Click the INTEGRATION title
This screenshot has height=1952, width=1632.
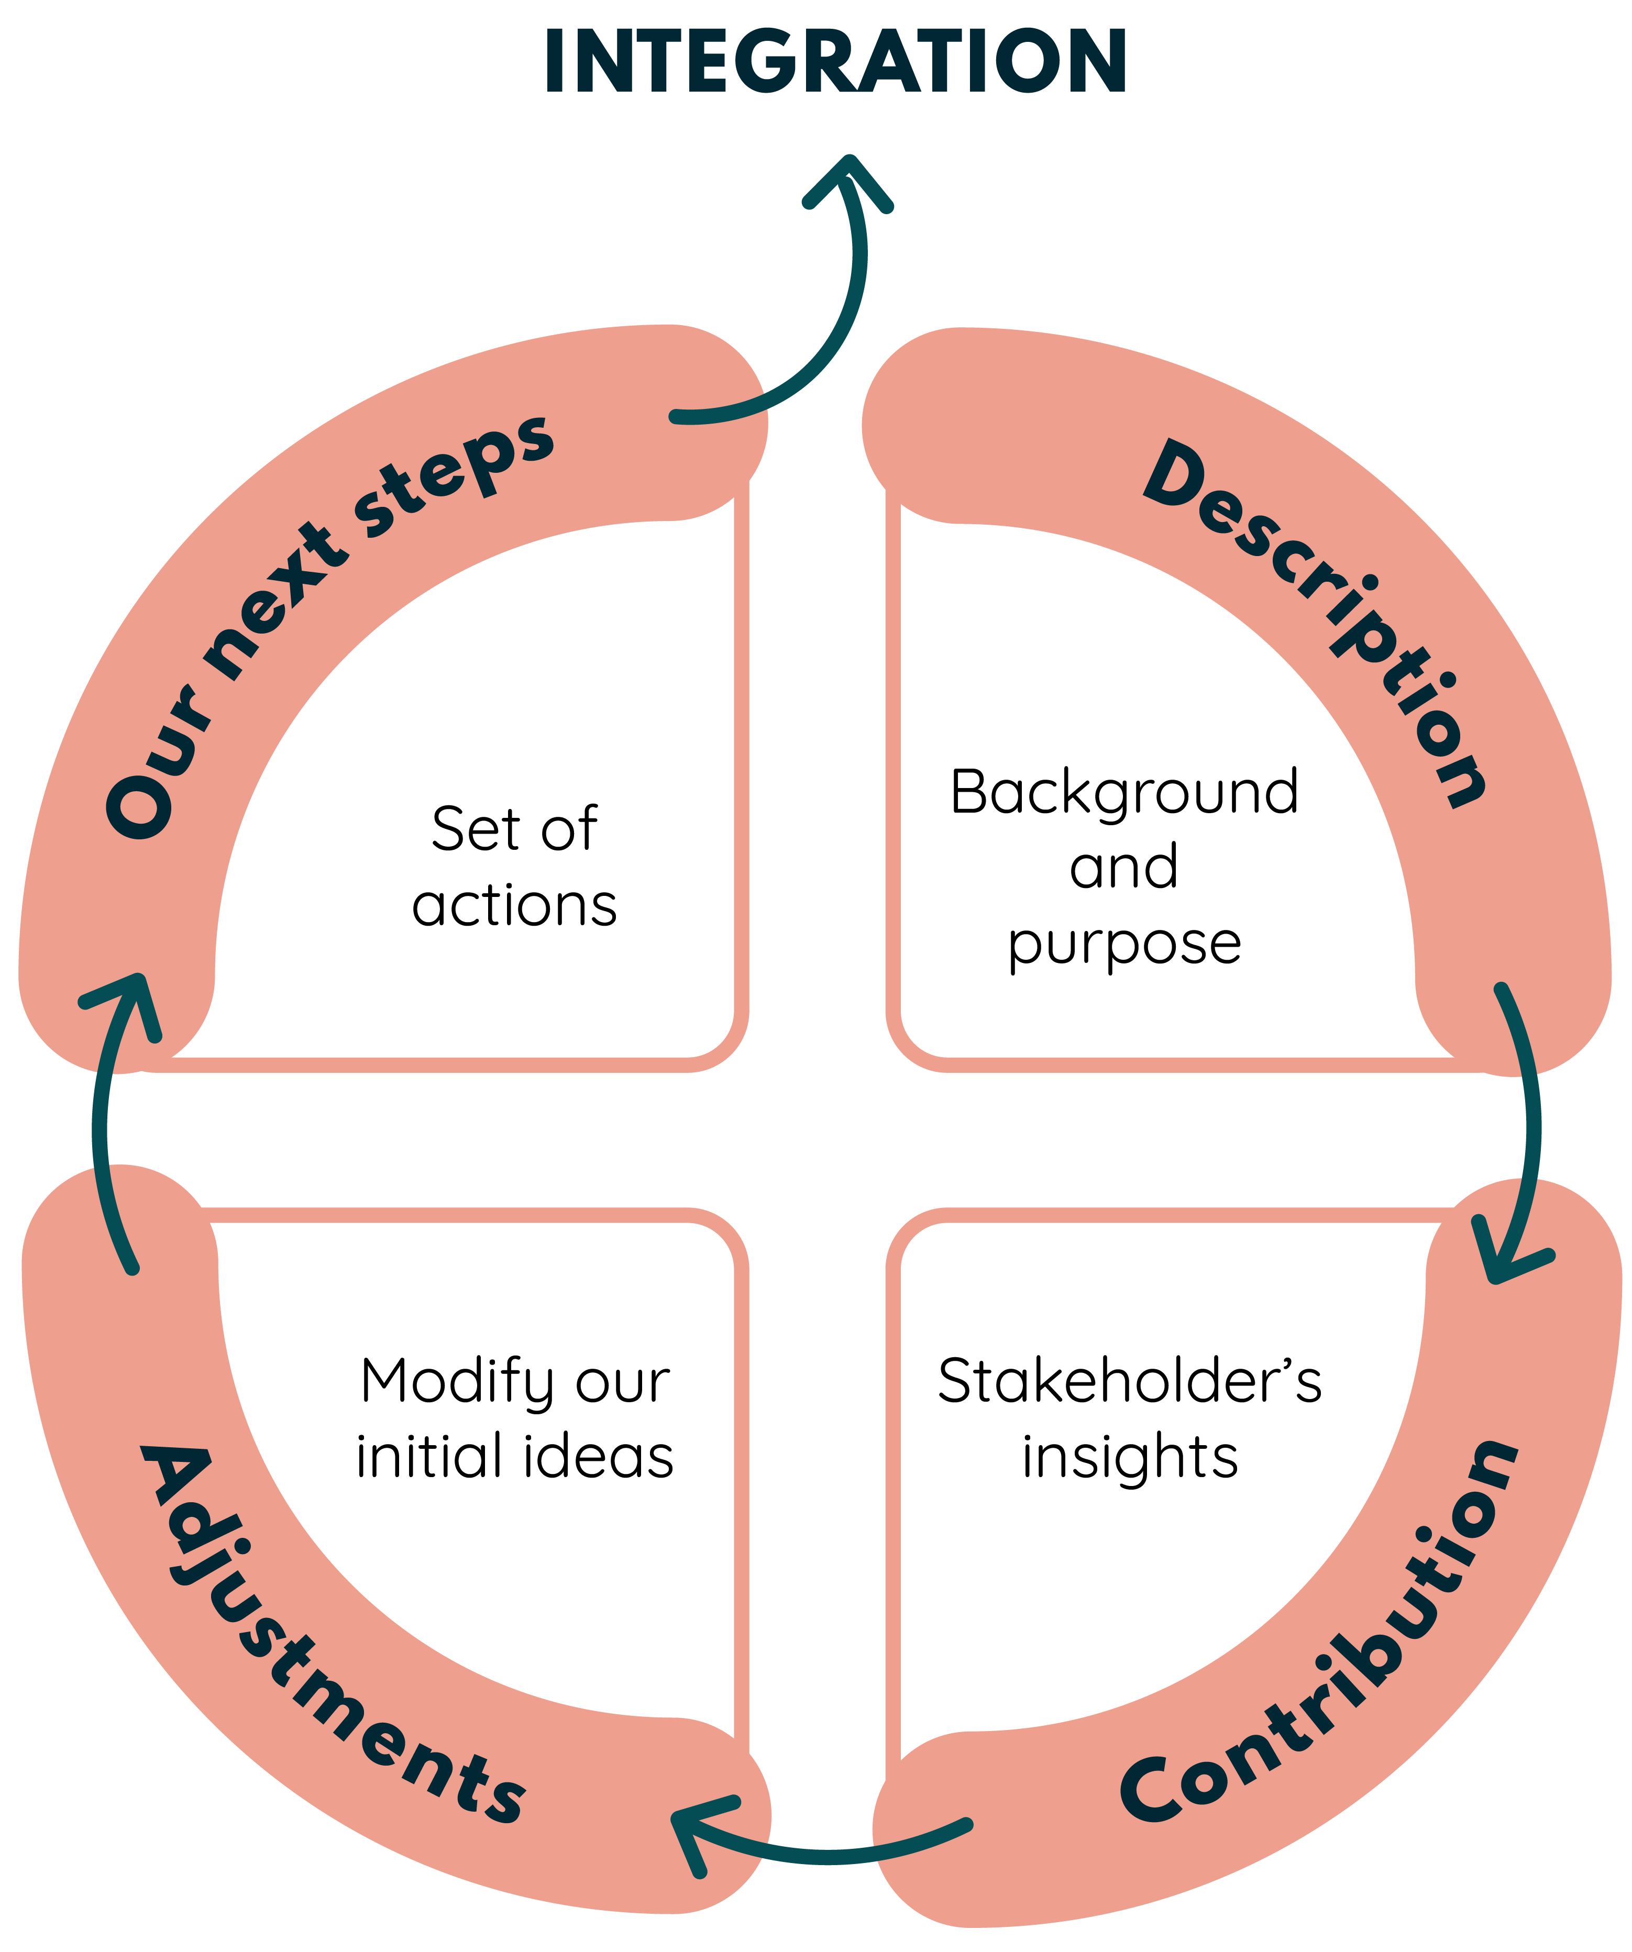tap(835, 61)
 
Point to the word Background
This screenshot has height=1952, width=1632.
tap(1123, 793)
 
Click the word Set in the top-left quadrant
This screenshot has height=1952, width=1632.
tap(472, 829)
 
